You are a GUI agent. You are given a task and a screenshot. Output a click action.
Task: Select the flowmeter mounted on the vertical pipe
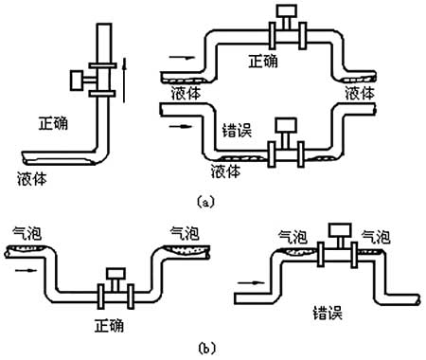click(x=88, y=79)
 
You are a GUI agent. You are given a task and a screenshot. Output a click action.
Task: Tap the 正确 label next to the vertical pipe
click(x=55, y=122)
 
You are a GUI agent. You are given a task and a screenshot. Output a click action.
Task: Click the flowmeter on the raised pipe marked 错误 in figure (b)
click(x=335, y=243)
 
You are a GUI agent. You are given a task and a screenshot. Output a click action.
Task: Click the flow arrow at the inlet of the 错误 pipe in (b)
click(x=247, y=281)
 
